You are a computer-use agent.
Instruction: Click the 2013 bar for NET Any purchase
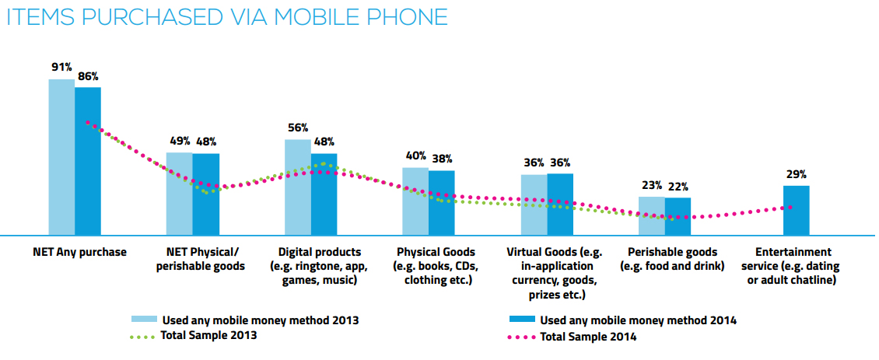61,156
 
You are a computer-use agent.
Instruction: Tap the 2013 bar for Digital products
297,187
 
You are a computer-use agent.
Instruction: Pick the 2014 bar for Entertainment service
796,210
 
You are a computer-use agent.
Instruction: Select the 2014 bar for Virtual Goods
560,204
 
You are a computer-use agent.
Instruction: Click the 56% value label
298,128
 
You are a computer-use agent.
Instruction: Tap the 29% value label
797,174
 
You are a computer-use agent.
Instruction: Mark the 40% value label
415,156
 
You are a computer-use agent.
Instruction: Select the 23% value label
652,185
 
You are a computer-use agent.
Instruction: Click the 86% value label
88,76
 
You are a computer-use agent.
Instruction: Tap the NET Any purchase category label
79,252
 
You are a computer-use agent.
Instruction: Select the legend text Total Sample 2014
588,337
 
